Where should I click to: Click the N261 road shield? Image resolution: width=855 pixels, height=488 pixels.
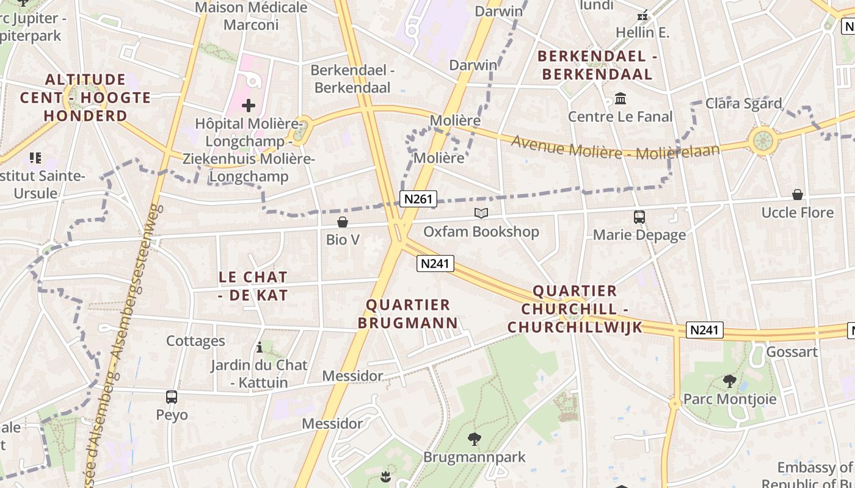coord(418,198)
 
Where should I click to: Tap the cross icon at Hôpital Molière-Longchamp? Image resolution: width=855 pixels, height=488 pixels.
coord(249,106)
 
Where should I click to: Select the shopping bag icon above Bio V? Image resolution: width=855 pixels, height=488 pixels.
coord(343,222)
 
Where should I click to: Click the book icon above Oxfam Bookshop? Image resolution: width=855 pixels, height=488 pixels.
coord(481,213)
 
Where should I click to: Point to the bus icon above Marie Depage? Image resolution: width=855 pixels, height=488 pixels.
coord(639,217)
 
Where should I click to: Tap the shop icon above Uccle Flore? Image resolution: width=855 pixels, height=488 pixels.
coord(798,195)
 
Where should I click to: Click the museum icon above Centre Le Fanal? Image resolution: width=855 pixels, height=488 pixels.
coord(620,98)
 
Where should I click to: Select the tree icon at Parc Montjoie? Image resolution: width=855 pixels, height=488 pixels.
coord(729,381)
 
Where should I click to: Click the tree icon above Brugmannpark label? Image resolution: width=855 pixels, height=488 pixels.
coord(474,439)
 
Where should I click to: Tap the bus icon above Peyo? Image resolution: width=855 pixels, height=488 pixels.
coord(172,397)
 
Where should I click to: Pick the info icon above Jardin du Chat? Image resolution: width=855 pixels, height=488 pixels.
coord(260,347)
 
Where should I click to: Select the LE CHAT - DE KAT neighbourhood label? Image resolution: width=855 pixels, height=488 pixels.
coord(253,286)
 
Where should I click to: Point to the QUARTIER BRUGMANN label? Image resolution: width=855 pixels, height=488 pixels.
coord(407,314)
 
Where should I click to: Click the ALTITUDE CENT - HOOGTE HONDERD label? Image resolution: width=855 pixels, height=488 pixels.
coord(85,98)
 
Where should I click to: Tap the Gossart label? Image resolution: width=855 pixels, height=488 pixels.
coord(791,352)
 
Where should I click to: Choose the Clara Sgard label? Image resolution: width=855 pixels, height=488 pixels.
coord(743,103)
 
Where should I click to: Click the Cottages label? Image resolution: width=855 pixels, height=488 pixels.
coord(195,341)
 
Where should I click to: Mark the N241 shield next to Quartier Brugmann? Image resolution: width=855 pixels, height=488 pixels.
coord(435,264)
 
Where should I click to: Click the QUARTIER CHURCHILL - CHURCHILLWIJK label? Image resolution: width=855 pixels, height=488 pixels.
coord(575,309)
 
